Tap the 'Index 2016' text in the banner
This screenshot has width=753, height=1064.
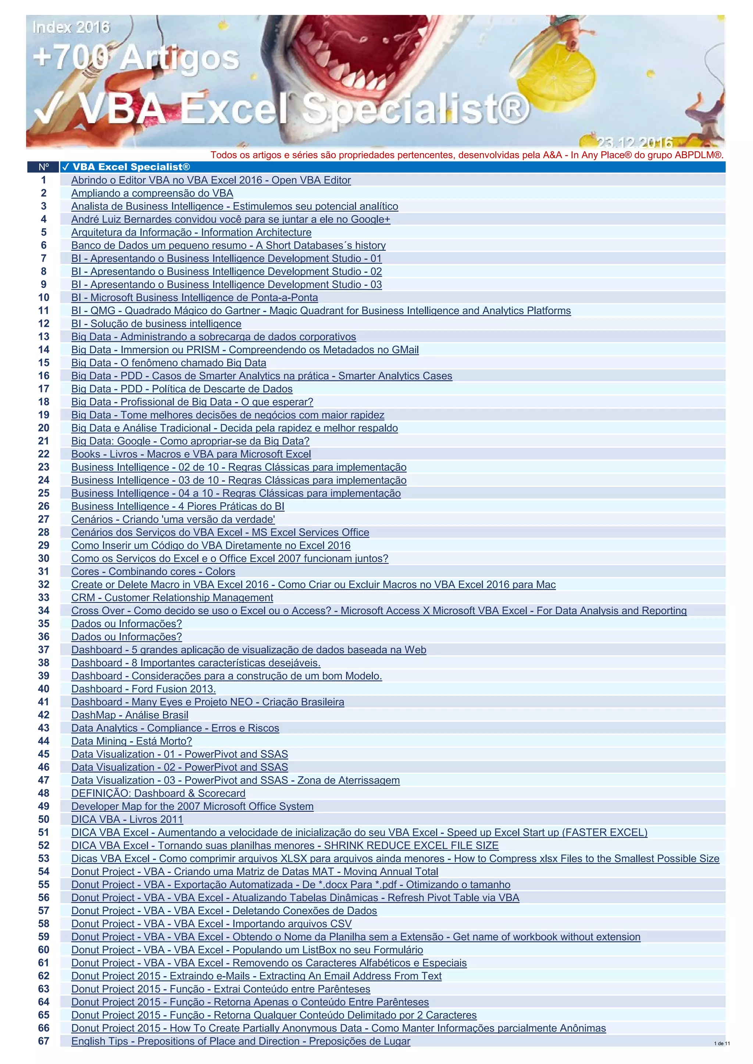click(x=71, y=27)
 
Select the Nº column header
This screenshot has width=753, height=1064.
click(x=44, y=167)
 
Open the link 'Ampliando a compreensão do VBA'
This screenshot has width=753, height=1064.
click(x=152, y=193)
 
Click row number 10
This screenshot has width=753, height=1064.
click(x=44, y=298)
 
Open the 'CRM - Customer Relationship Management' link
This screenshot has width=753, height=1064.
click(x=172, y=597)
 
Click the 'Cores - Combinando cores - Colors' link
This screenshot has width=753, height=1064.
click(x=153, y=571)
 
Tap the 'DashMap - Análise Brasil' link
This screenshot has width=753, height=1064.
click(x=130, y=715)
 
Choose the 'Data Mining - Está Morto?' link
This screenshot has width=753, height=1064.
click(x=131, y=741)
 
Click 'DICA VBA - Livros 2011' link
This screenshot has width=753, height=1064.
click(x=127, y=819)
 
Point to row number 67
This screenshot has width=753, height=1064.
click(x=44, y=1041)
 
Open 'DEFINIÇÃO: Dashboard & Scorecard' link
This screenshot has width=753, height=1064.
click(x=158, y=793)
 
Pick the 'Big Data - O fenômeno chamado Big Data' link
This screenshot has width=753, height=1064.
click(x=169, y=363)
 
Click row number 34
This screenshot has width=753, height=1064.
click(x=44, y=610)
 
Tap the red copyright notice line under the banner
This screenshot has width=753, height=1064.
click(x=467, y=155)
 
